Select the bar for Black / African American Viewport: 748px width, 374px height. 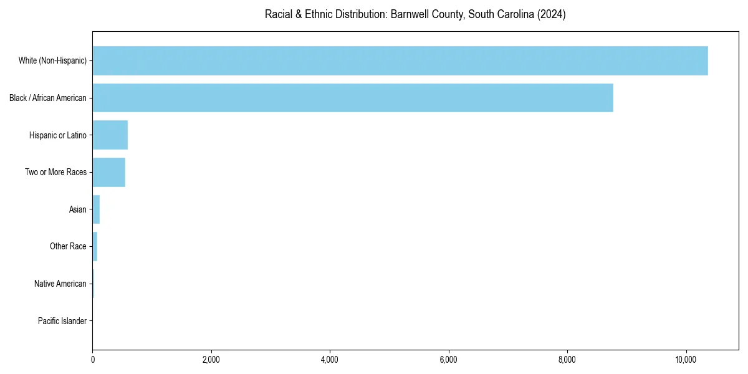(x=353, y=98)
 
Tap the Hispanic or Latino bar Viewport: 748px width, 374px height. (x=110, y=135)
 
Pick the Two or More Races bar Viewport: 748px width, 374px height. (x=109, y=172)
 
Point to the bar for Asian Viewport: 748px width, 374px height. (x=96, y=209)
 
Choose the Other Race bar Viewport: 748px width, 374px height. (x=95, y=246)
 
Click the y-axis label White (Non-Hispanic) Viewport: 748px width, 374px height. (x=52, y=60)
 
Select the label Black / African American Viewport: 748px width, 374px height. (x=48, y=98)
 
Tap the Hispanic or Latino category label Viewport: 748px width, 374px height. (x=58, y=135)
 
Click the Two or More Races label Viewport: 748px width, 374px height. (x=56, y=172)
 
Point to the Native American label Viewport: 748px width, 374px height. (x=60, y=284)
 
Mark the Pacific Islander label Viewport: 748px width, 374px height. (x=62, y=321)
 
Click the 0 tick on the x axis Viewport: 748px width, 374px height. (x=92, y=360)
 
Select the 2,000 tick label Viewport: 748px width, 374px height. (x=211, y=360)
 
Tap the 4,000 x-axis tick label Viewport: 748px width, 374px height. (x=330, y=360)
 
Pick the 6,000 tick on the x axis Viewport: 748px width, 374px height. (x=449, y=360)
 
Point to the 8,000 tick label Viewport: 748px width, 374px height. (x=567, y=360)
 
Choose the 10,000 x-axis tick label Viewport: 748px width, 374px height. (x=686, y=360)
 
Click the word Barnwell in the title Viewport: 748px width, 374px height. (x=410, y=14)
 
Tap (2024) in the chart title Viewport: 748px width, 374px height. (x=552, y=14)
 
